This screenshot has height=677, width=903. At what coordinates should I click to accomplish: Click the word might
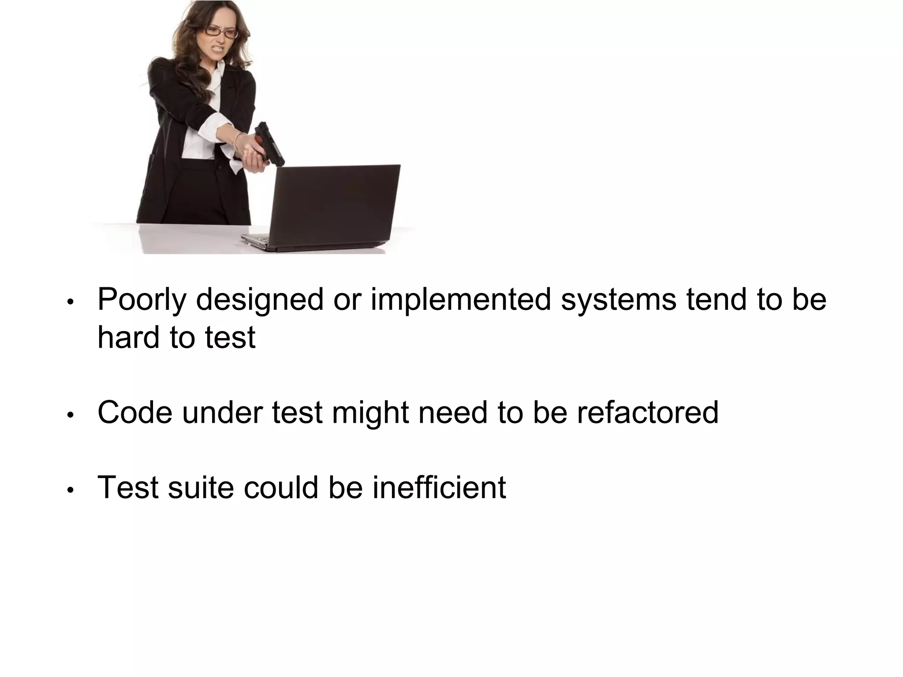click(x=370, y=413)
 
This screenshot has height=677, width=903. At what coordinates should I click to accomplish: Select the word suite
click(x=201, y=487)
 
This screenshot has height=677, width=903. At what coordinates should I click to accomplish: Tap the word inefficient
click(x=439, y=487)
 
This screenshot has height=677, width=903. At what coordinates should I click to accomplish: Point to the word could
click(x=281, y=487)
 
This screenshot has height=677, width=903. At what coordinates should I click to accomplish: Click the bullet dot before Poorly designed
click(x=70, y=303)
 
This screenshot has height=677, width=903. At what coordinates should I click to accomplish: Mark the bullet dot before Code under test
click(x=70, y=415)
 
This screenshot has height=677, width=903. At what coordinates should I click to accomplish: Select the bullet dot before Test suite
click(x=70, y=490)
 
